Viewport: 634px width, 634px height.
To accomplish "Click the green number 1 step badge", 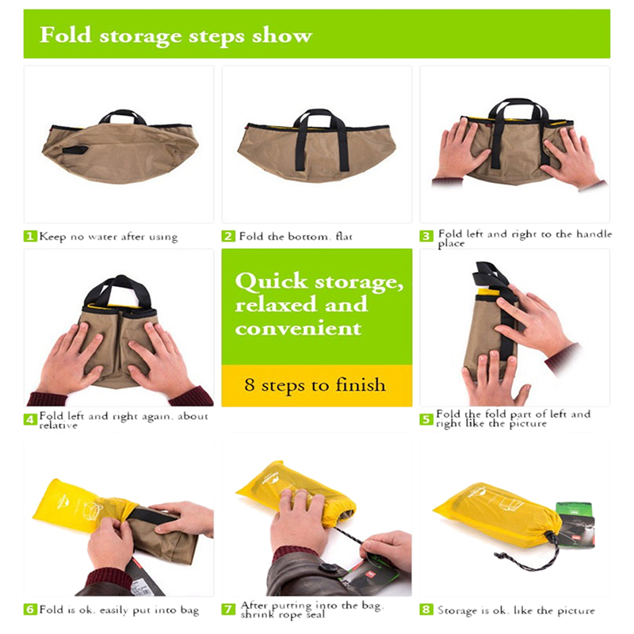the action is click(30, 236).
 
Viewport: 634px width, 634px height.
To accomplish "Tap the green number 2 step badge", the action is click(228, 236).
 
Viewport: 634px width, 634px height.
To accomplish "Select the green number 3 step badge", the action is click(426, 236).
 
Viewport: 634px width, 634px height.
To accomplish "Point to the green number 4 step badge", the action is click(30, 420).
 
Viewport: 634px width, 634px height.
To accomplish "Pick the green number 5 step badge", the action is click(426, 420).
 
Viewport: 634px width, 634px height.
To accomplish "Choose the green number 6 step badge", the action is click(30, 609).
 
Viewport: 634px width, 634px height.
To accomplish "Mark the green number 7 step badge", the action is click(228, 609).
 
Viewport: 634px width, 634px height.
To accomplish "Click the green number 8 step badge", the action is click(426, 609).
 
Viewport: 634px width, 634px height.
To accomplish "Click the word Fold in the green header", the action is click(66, 35).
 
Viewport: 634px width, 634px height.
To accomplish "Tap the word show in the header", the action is click(282, 36).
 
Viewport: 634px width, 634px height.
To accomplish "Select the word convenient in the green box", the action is click(298, 328).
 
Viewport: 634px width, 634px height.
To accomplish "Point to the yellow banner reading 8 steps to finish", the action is click(316, 385).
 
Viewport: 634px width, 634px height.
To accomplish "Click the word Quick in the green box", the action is click(271, 281).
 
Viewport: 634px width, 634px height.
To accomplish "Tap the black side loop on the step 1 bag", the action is click(75, 151).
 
